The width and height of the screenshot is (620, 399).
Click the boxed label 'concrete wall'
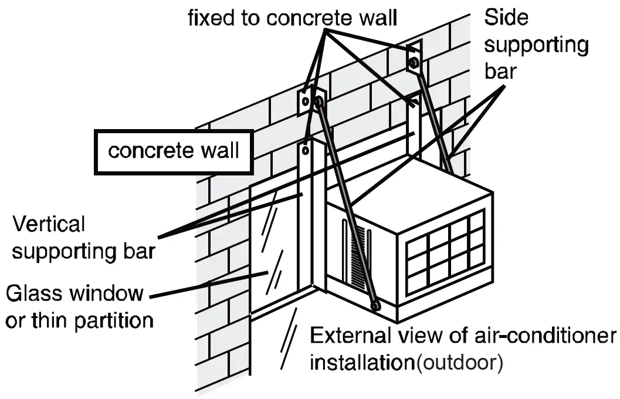pos(174,151)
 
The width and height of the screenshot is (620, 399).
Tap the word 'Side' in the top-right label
pos(506,18)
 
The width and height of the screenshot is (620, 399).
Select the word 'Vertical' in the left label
pos(49,224)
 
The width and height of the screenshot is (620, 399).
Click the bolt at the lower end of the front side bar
pos(374,305)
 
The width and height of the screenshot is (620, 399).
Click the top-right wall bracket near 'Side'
pos(414,59)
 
